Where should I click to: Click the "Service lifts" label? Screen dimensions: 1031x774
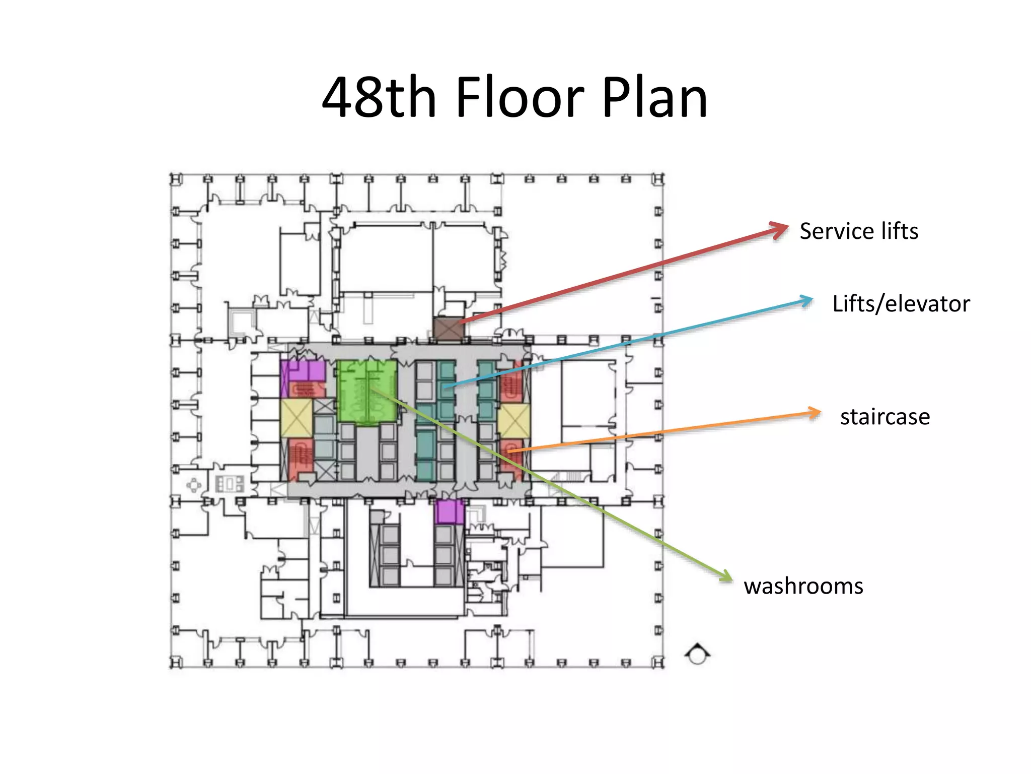click(x=859, y=231)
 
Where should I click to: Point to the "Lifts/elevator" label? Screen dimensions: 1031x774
click(x=901, y=304)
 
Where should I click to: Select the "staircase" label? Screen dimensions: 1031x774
click(x=885, y=417)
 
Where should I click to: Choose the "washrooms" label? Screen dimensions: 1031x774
click(x=803, y=586)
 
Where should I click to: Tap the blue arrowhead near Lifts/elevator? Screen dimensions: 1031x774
click(x=805, y=301)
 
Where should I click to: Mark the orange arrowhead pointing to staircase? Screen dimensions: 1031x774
click(x=814, y=414)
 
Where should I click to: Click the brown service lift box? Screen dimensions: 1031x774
click(x=448, y=329)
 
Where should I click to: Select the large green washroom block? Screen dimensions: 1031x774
click(x=366, y=392)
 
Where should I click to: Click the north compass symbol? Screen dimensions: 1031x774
click(x=697, y=655)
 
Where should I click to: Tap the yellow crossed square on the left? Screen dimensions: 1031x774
click(x=296, y=418)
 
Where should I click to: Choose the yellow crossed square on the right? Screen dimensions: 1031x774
click(x=513, y=421)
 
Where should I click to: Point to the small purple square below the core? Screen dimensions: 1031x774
click(x=449, y=512)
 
